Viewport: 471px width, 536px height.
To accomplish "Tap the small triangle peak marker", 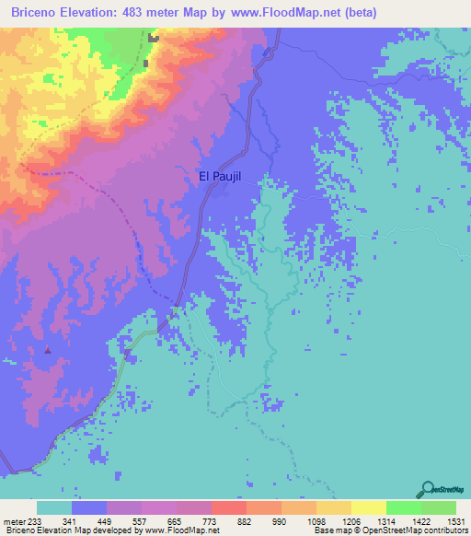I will [x=48, y=350].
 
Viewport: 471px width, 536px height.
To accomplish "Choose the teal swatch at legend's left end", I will [x=54, y=507].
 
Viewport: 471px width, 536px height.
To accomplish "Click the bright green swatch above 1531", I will [x=439, y=507].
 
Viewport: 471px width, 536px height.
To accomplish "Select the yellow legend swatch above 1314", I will [x=369, y=507].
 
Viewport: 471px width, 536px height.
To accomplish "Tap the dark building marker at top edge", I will [x=153, y=39].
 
